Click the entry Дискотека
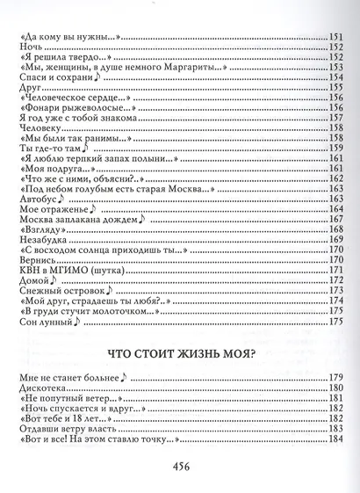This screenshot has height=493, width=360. [44, 364]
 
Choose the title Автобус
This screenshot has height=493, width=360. [35, 199]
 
